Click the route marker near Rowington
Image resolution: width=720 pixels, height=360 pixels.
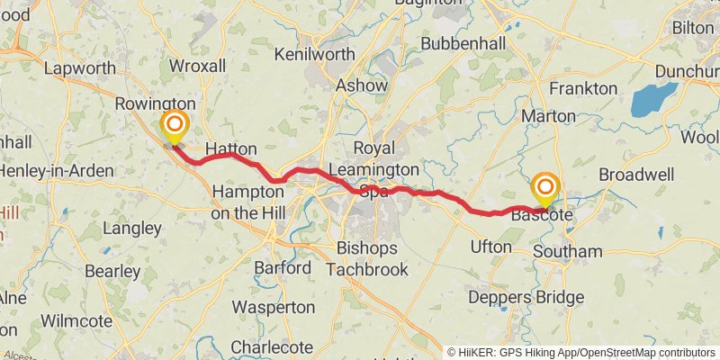(x=173, y=125)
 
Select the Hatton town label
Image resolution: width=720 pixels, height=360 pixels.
(x=231, y=148)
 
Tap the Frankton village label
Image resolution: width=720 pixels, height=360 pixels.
(x=583, y=88)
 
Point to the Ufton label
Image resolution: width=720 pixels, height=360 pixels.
(x=490, y=247)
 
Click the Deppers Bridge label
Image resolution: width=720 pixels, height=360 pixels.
(x=526, y=298)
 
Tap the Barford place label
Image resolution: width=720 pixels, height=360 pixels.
(x=283, y=268)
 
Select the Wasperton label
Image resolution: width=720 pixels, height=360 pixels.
(x=273, y=308)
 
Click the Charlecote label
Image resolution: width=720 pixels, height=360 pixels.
(x=272, y=346)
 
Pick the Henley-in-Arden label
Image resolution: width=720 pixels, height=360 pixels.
(x=56, y=170)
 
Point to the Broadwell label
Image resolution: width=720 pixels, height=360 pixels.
(x=635, y=174)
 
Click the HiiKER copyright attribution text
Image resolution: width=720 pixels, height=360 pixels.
(x=581, y=353)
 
